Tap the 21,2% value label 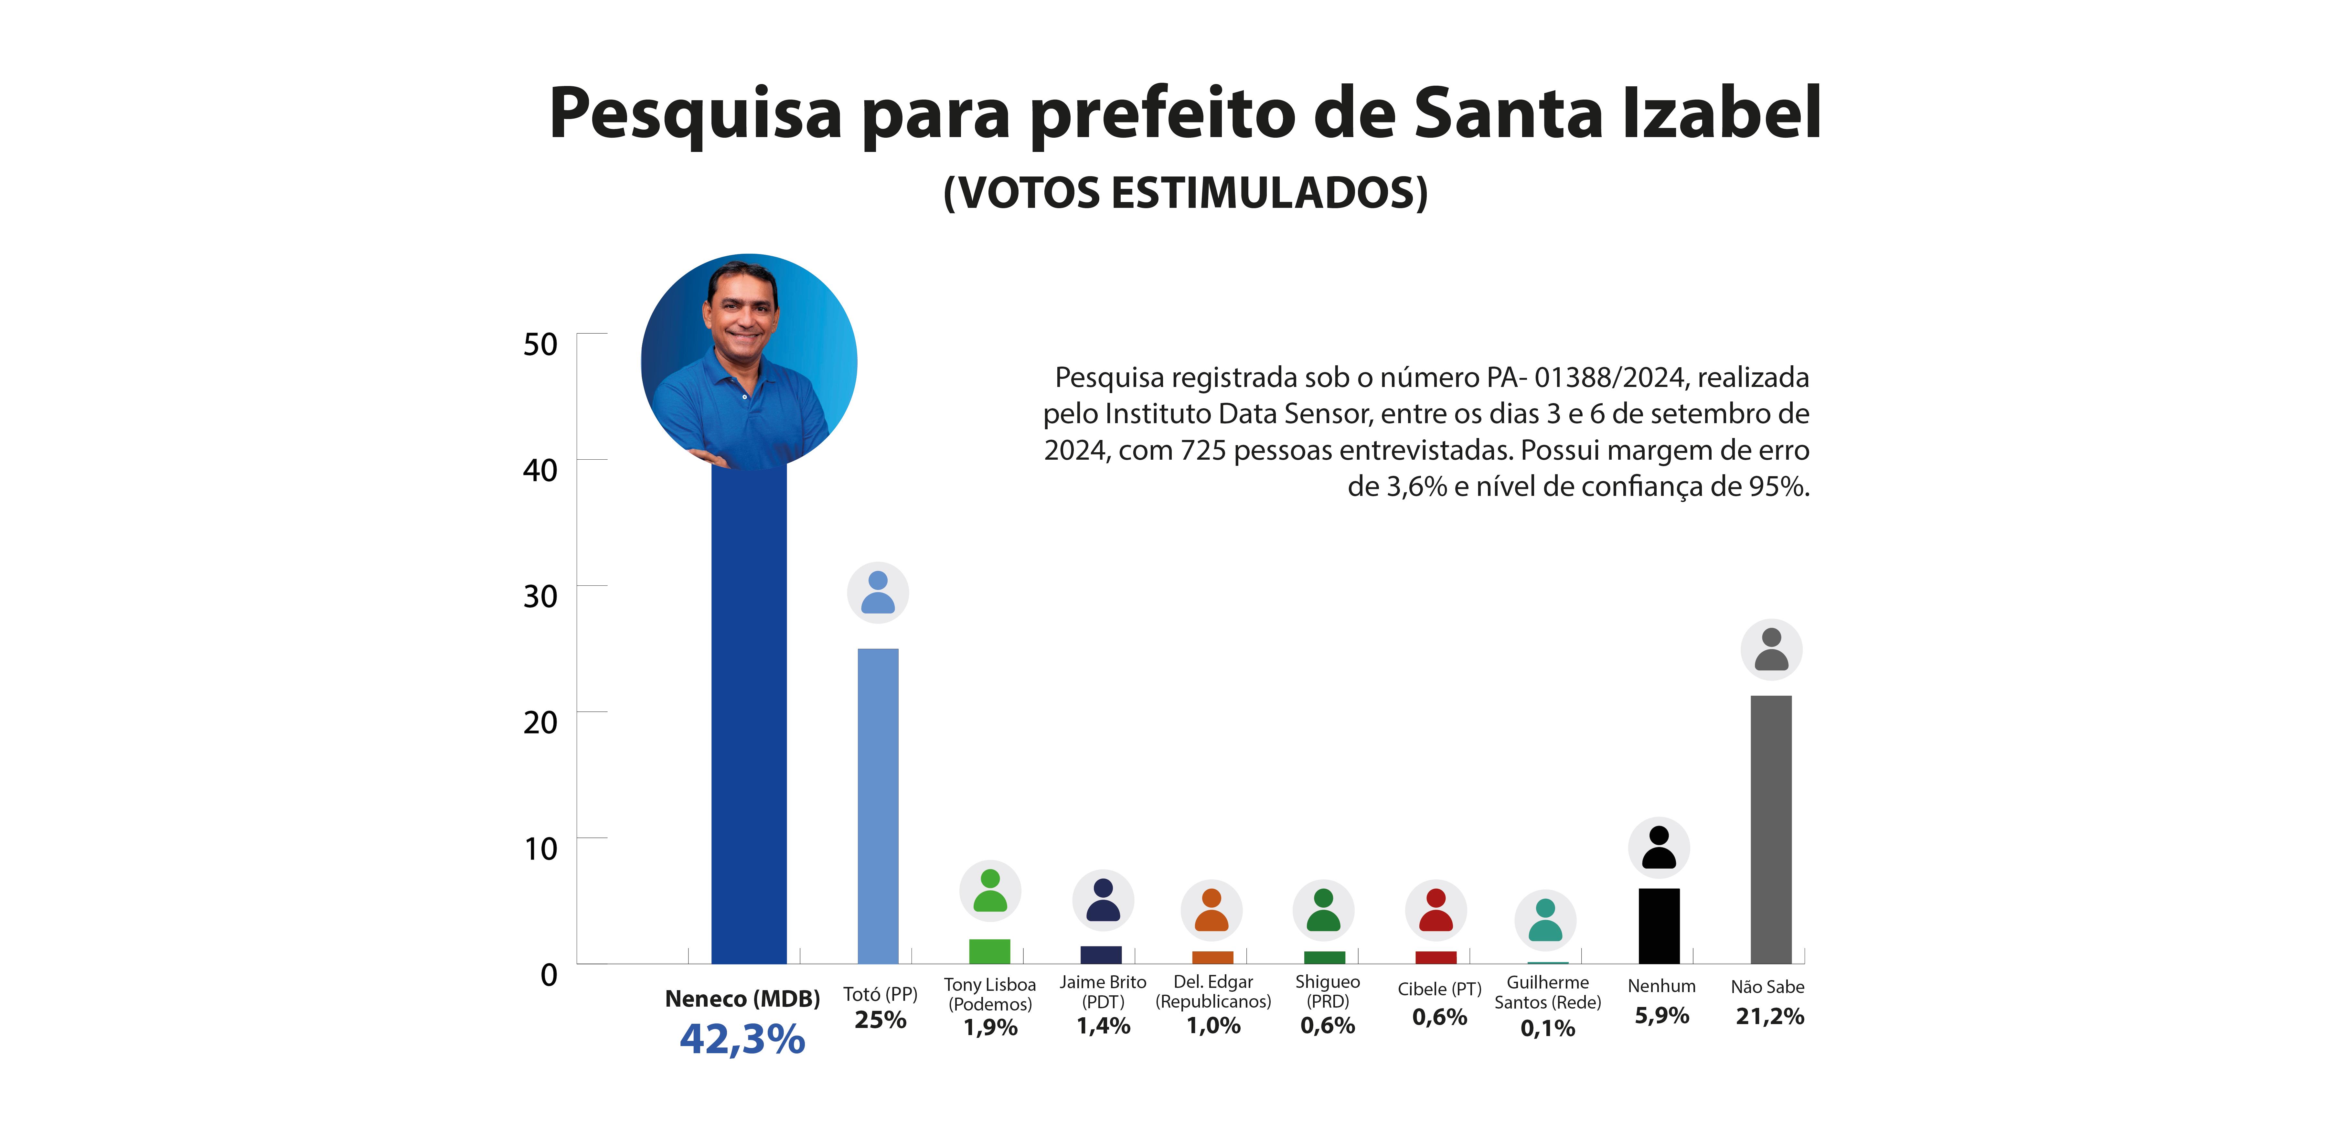[1770, 1016]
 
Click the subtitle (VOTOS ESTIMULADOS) [1185, 192]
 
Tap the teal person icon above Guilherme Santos [1546, 920]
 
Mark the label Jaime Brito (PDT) [1103, 991]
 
